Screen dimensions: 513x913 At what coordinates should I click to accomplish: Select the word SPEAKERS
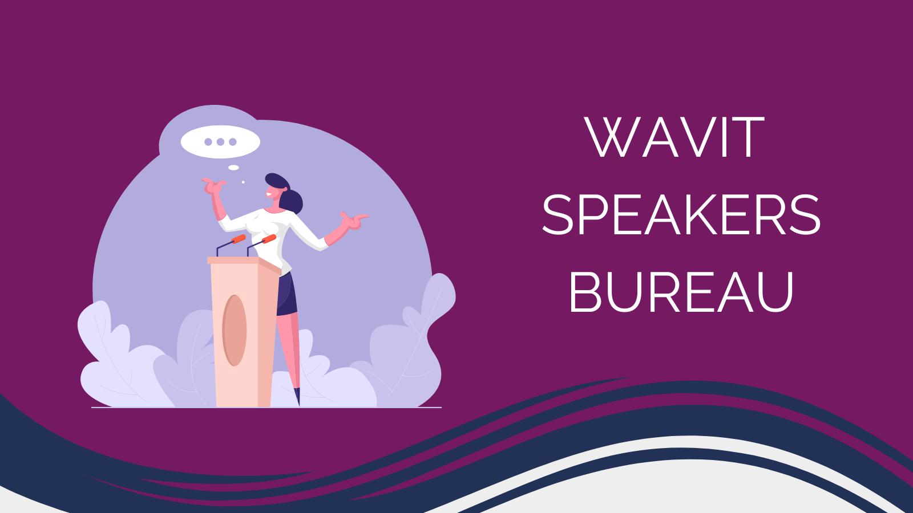[681, 215]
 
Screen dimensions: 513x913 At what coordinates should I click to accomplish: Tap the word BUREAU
[681, 292]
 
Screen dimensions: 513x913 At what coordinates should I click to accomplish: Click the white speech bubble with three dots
[220, 142]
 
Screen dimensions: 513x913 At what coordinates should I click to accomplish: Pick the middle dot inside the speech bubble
[220, 142]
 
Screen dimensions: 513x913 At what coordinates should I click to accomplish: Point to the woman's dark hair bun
[292, 201]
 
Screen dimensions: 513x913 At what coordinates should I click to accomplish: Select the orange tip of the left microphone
[239, 238]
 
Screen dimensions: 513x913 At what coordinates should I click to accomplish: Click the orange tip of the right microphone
[269, 238]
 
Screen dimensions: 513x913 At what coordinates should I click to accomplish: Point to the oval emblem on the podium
[234, 330]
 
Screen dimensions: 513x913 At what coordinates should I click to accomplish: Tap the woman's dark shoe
[297, 396]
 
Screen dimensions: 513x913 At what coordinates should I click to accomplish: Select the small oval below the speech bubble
[233, 168]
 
